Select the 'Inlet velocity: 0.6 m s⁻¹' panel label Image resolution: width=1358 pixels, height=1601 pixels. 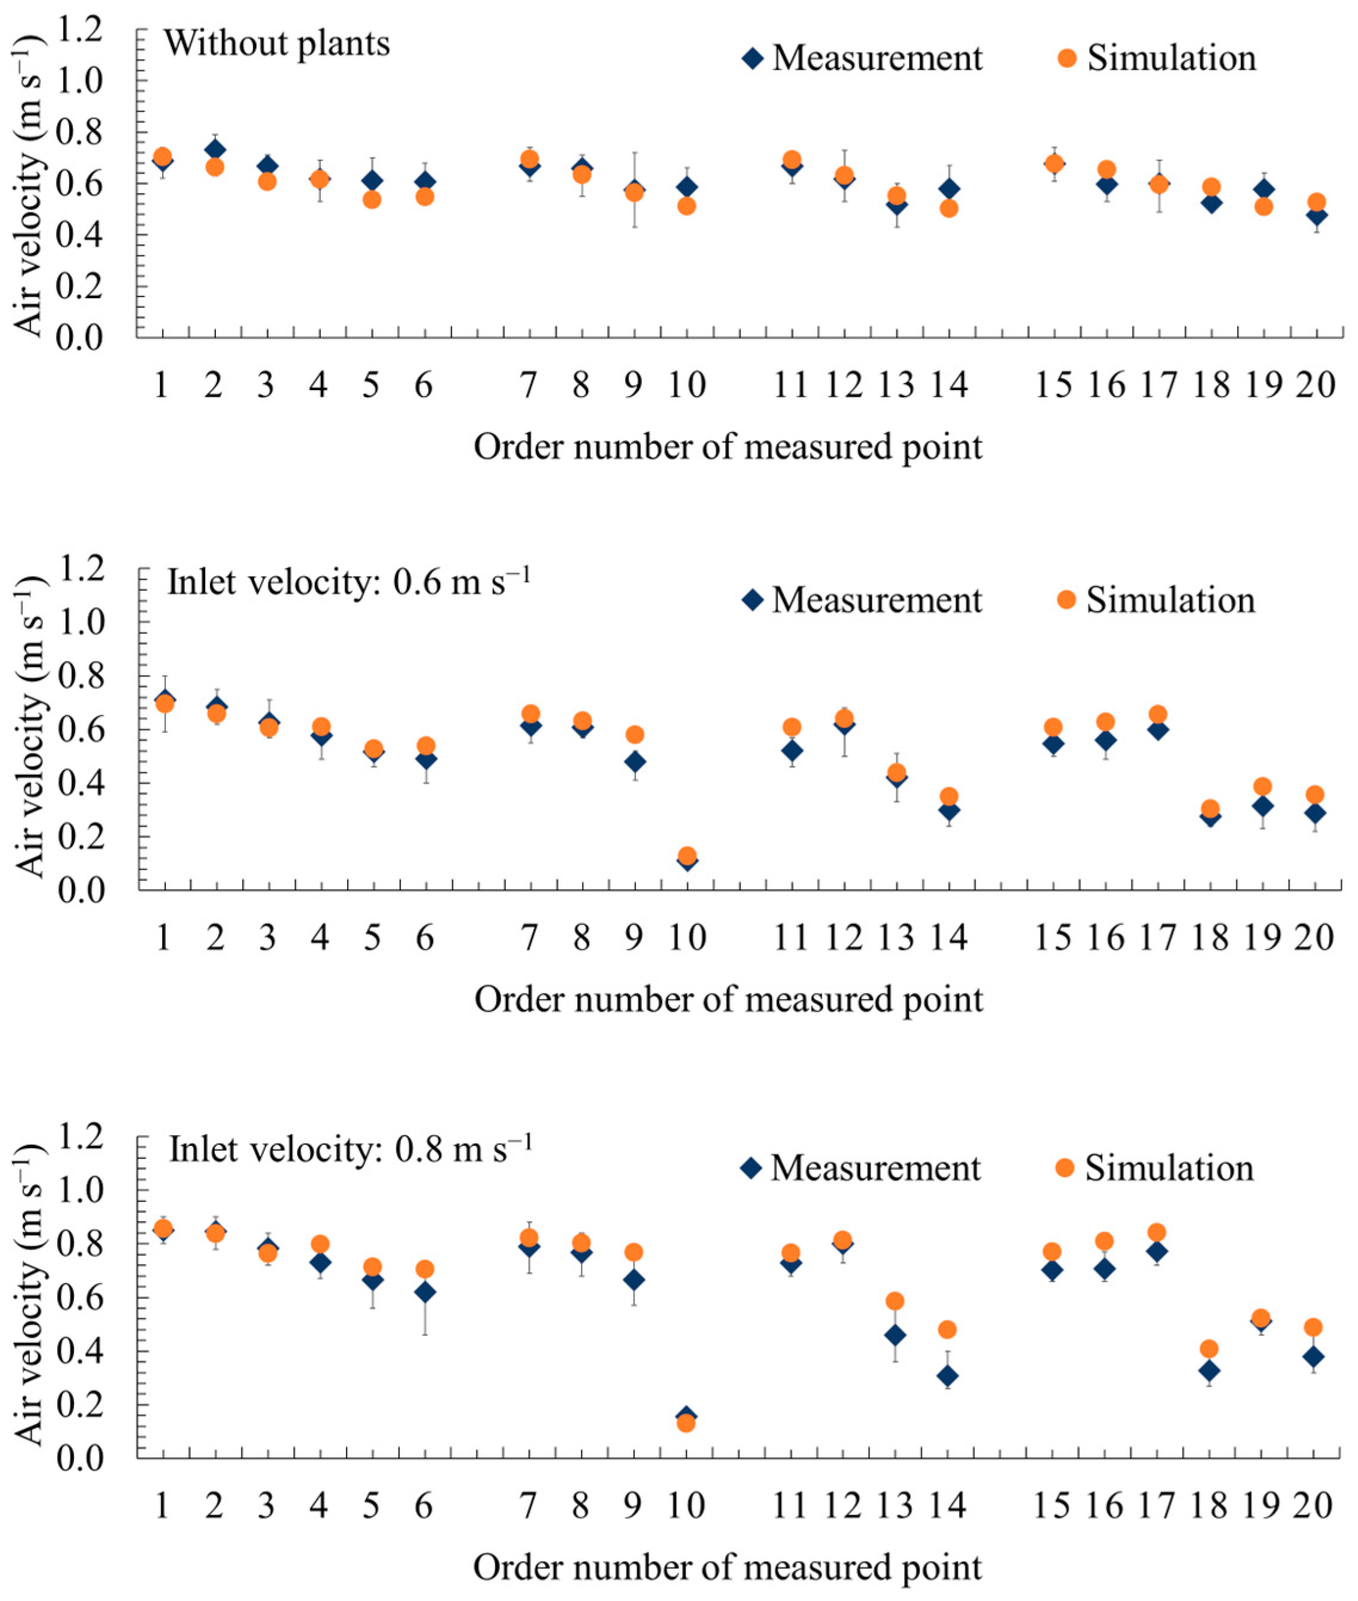[349, 583]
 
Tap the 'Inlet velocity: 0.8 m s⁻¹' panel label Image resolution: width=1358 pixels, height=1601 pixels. [350, 1149]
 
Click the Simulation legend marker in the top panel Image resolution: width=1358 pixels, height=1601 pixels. [1066, 58]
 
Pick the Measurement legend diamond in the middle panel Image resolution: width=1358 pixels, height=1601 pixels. [753, 600]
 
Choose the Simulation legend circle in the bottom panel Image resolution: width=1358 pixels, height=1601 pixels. [1064, 1168]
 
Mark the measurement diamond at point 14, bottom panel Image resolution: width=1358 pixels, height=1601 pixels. [948, 1376]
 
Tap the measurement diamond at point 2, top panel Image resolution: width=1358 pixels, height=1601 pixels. [215, 149]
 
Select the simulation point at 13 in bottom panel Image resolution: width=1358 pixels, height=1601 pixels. [895, 1302]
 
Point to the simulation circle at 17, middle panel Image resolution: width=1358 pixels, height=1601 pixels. [1158, 715]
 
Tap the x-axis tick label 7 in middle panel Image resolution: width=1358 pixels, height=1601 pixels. [529, 937]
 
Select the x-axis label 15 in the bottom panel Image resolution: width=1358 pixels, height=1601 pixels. [1053, 1505]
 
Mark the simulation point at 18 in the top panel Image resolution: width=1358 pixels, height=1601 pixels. [1211, 187]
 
